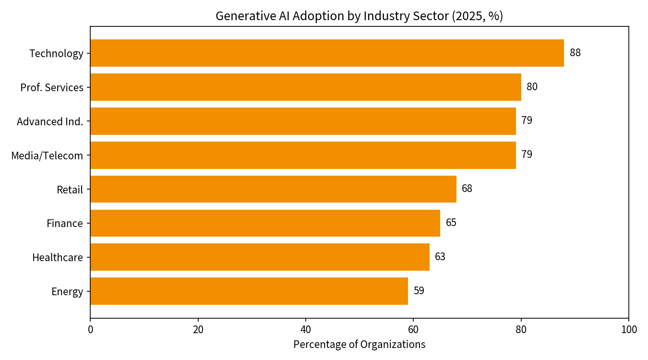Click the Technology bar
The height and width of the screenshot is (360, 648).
point(327,53)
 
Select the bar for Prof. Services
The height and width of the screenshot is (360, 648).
point(306,87)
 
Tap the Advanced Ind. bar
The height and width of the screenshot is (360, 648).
point(303,121)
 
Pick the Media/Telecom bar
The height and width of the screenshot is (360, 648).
point(303,155)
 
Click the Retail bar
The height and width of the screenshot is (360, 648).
point(274,189)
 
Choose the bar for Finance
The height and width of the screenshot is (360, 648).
point(265,223)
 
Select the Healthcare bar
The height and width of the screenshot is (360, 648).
point(260,257)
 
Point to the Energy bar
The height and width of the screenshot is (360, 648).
point(249,291)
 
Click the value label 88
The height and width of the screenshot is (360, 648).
point(575,53)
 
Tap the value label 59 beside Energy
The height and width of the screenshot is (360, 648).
point(419,290)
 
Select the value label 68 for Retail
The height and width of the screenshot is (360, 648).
point(467,188)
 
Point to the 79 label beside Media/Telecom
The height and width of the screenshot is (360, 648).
point(527,154)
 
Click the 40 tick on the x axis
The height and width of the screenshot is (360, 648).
point(305,330)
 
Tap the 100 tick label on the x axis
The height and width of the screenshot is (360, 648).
point(629,330)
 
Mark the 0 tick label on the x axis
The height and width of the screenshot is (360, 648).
point(91,330)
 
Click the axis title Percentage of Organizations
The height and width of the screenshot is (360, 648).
point(360,344)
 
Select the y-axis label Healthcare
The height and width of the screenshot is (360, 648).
point(58,257)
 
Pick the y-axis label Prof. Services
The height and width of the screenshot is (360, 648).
point(52,87)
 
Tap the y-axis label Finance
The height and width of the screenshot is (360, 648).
point(65,223)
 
